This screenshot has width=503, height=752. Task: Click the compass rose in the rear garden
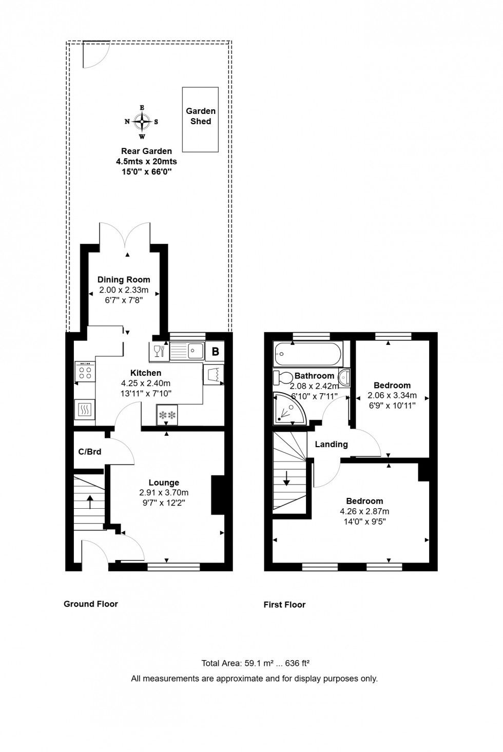[x=142, y=122]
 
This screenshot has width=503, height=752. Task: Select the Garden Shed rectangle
[x=200, y=120]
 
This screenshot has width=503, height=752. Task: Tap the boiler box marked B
[x=216, y=352]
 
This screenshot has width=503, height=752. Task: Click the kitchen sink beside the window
[x=187, y=351]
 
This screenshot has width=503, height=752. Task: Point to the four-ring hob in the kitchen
[x=85, y=372]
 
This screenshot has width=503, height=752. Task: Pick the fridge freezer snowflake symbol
[x=167, y=415]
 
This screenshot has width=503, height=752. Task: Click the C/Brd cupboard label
[x=90, y=452]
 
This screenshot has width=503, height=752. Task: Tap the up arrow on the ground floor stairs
[x=90, y=502]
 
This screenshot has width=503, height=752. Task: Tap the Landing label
[x=331, y=444]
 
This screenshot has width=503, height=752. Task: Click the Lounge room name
[x=164, y=483]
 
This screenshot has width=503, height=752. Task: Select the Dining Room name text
[x=124, y=280]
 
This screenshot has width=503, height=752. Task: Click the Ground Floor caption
[x=91, y=604]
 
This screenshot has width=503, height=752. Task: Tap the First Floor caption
[x=284, y=605]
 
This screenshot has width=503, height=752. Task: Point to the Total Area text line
[x=255, y=663]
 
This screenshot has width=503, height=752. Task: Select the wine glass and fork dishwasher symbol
[x=159, y=352]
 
